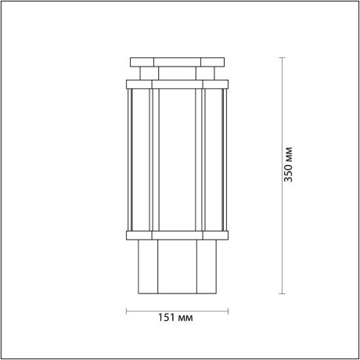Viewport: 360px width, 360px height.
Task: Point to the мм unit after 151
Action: click(x=185, y=319)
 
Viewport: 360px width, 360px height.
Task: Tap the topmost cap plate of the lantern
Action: click(x=177, y=60)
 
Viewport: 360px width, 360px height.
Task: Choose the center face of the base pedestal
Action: click(x=177, y=266)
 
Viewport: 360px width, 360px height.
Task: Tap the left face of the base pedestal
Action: click(x=148, y=266)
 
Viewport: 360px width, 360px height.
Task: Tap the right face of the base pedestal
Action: click(x=206, y=266)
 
